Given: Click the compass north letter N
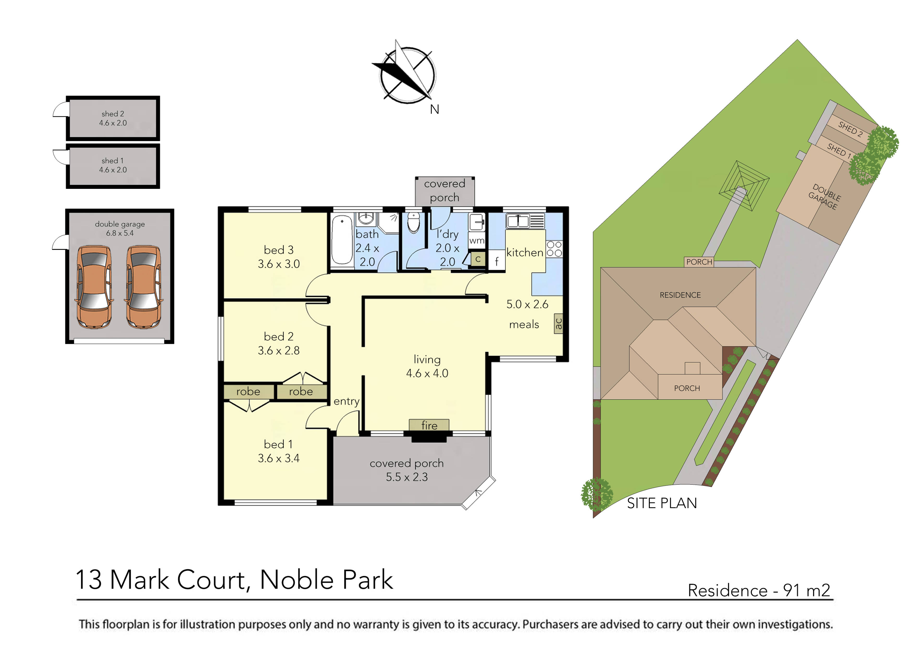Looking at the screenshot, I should (434, 109).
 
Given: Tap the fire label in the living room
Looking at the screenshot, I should (429, 425).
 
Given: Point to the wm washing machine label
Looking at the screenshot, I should (477, 240).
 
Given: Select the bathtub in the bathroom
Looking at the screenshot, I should (342, 240).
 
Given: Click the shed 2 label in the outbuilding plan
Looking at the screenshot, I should (113, 114).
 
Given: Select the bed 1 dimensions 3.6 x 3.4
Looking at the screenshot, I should (279, 458).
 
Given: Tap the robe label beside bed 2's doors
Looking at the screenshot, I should (301, 392).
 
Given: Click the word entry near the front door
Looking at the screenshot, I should (346, 401).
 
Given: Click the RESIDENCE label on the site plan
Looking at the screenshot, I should (680, 295).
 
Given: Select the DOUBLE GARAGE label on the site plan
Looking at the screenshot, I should (824, 197).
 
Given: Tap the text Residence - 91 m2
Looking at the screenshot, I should (759, 590).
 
